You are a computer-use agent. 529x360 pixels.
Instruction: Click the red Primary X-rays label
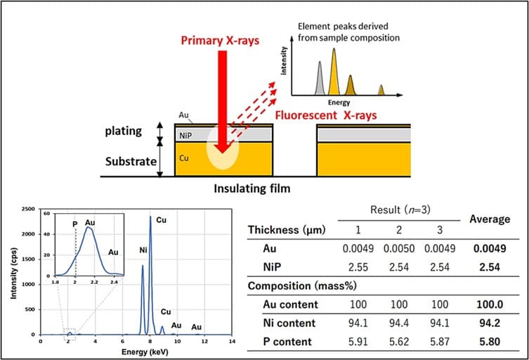click(220, 41)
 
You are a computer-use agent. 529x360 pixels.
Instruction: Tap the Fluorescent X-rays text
click(325, 115)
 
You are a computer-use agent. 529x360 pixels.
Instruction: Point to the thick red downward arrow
click(222, 102)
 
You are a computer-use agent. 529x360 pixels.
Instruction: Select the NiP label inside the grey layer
click(185, 136)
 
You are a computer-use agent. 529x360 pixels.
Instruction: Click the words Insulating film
click(252, 188)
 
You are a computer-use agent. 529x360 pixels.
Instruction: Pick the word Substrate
click(131, 162)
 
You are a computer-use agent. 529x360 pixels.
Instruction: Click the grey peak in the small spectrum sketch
click(320, 78)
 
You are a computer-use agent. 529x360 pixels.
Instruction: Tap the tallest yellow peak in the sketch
click(334, 72)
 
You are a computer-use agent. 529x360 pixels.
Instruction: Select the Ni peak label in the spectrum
click(143, 250)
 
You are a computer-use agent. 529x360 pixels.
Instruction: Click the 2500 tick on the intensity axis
click(28, 209)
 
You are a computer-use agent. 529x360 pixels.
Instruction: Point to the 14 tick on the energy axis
click(231, 342)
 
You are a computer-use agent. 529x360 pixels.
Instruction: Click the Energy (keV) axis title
click(145, 352)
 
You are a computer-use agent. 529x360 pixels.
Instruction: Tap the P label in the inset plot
click(75, 224)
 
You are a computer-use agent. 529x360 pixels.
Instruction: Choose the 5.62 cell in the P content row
click(399, 342)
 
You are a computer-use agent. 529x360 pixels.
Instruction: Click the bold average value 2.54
click(490, 267)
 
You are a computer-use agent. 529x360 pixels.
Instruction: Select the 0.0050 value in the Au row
click(399, 249)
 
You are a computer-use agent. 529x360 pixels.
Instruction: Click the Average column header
click(490, 219)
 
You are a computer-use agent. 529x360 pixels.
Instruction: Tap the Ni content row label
click(289, 323)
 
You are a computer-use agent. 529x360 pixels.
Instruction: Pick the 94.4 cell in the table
click(399, 323)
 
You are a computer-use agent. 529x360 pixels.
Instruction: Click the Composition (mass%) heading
click(302, 286)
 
